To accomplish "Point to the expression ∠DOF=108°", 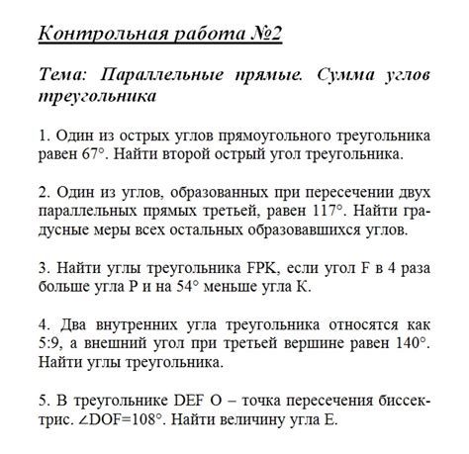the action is coord(120,419).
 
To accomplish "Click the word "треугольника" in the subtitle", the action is coord(96,99).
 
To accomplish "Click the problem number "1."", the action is coord(43,136).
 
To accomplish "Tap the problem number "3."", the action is coord(43,267).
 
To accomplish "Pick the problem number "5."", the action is coord(43,400).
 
